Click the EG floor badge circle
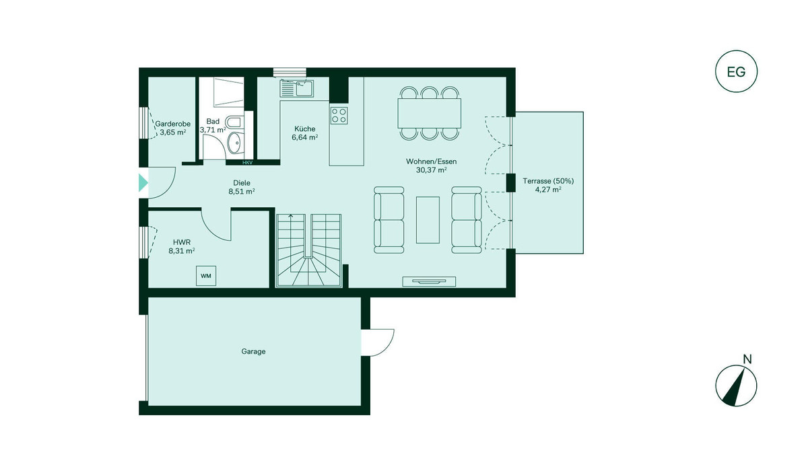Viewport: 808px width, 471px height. coord(736,50)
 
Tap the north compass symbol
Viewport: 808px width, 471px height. coord(736,386)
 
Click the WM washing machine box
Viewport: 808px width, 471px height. coord(206,276)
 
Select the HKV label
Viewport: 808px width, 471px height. coord(248,163)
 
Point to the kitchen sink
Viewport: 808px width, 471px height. coord(297,89)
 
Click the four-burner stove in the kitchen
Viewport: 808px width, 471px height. coord(339,115)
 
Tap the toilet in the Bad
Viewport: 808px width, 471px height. coord(234,122)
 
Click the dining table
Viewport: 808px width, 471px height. coord(430,113)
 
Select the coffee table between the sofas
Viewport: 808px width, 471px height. coord(428,220)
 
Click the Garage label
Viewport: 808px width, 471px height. coord(253,351)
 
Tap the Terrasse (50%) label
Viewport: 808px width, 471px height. coord(548,181)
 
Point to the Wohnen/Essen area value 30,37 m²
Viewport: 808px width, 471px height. coord(432,170)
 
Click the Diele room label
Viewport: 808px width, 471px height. coord(242,183)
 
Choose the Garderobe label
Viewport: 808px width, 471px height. coord(173,124)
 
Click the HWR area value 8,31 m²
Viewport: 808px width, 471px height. coord(182,251)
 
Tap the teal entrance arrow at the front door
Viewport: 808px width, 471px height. coord(143,183)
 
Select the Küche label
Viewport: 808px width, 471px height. coord(305,129)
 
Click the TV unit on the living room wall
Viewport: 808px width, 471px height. coord(429,282)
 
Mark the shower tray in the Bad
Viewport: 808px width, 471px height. coord(229,92)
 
